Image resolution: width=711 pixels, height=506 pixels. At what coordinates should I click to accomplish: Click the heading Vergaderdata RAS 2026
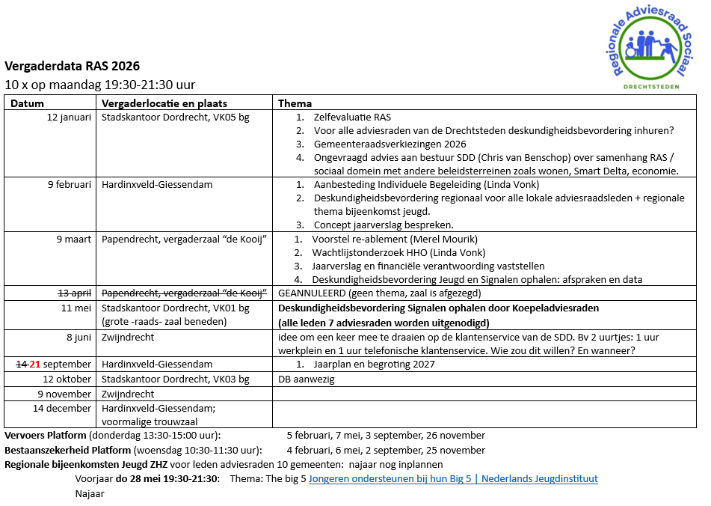(x=72, y=66)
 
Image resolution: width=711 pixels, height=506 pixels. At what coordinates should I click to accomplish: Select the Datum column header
(x=27, y=103)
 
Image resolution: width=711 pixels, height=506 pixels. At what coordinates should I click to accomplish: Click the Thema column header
(x=295, y=103)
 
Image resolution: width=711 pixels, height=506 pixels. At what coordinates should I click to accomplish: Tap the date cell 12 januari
(x=69, y=118)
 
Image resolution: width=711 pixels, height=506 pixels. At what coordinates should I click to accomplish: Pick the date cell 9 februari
(x=69, y=184)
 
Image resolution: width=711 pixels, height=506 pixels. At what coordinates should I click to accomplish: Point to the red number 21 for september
(x=34, y=365)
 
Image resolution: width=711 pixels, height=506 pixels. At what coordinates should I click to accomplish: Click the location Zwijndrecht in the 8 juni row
(x=128, y=338)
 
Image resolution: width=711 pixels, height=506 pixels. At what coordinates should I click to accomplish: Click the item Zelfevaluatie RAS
(x=352, y=118)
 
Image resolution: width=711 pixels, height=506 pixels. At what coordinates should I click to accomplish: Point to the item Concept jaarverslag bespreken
(x=383, y=225)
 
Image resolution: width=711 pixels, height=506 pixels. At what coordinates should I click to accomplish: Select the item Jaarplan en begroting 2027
(x=375, y=365)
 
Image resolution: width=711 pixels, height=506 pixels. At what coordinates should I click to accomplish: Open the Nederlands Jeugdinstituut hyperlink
(x=453, y=479)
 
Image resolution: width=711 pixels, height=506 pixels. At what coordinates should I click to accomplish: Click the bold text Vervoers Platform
(x=46, y=436)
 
